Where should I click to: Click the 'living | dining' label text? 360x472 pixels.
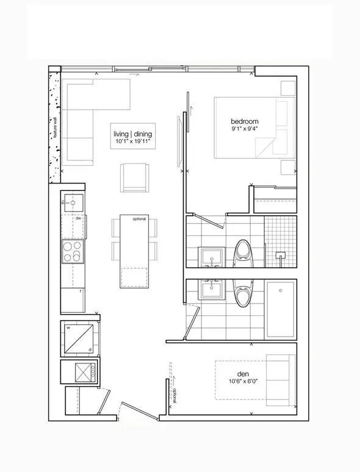coord(132,134)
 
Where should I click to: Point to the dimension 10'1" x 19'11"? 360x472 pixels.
coord(132,142)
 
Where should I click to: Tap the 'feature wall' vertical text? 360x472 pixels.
coord(54,127)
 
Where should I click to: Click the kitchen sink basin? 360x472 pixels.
coord(72,202)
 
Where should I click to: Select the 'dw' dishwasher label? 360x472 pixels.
coord(78,218)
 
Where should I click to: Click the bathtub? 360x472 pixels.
coord(280,309)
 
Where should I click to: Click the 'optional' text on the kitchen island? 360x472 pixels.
coord(134,219)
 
